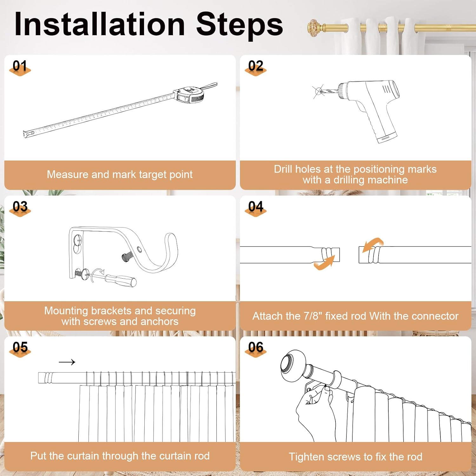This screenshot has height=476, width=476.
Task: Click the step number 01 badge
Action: [20, 68]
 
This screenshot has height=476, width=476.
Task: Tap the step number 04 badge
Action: [256, 208]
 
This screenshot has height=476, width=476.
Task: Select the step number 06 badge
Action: [256, 349]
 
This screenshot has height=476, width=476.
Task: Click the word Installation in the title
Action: [100, 24]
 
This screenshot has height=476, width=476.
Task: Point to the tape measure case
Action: [189, 95]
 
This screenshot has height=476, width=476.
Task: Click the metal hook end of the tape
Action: [28, 134]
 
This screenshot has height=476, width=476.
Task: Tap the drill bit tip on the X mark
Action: [318, 91]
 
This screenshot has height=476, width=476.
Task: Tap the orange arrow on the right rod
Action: [373, 244]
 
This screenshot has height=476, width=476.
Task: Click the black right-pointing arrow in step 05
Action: [67, 362]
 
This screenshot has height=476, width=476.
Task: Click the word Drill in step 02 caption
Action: [283, 169]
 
